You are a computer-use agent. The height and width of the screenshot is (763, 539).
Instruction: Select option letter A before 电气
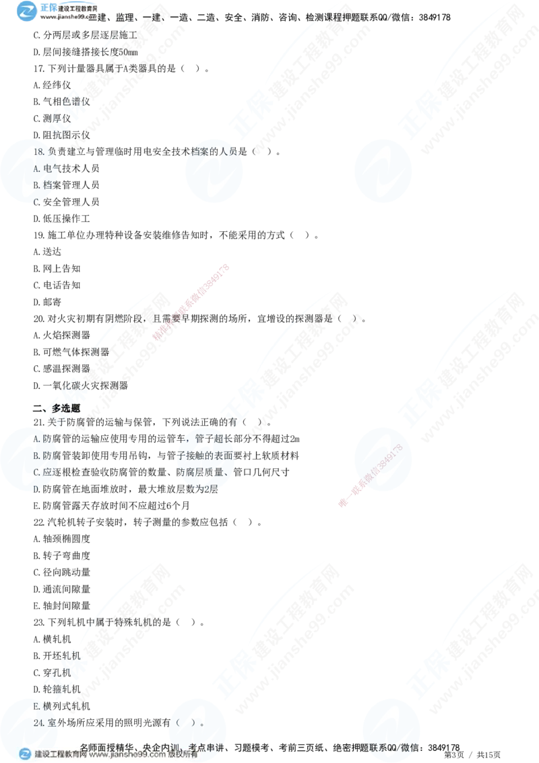(36, 169)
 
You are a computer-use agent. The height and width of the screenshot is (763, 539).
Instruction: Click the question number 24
(38, 722)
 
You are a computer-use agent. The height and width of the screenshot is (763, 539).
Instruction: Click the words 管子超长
(214, 439)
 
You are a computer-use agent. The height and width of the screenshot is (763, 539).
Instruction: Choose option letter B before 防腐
(36, 456)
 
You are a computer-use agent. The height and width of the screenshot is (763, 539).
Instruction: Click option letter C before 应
(36, 472)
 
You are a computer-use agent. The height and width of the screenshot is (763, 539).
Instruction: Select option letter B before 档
(36, 185)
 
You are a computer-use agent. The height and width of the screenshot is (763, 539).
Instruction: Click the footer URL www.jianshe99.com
(128, 755)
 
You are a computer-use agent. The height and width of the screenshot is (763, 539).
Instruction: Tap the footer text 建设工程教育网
(61, 755)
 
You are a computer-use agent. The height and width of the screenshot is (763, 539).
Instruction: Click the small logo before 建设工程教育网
(26, 754)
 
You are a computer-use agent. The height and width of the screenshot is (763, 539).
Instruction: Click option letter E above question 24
(36, 706)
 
